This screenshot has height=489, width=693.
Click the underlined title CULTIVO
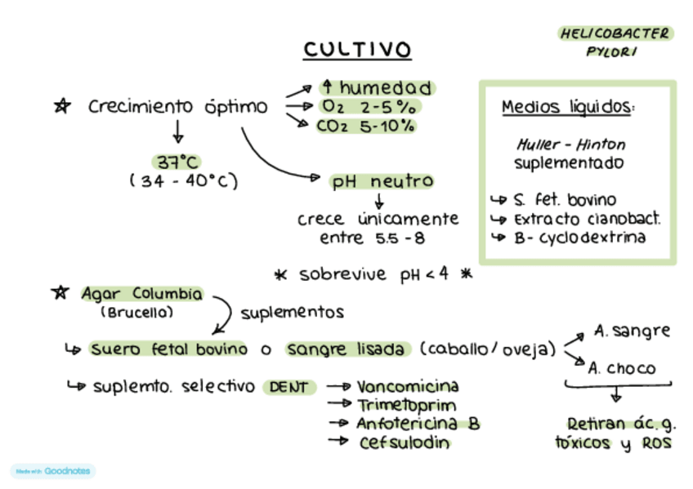357,50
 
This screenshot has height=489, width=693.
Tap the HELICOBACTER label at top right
615,33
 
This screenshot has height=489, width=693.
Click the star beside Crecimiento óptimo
61,106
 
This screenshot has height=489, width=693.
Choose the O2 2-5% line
369,107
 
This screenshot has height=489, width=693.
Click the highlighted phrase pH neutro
382,181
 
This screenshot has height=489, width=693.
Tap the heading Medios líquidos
568,107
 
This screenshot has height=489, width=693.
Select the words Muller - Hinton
571,144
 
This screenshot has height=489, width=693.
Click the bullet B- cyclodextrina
579,238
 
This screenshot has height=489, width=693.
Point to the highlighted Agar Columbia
141,293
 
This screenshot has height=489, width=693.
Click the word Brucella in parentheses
136,312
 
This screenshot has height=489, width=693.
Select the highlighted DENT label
289,387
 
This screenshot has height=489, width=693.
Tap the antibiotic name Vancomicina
408,386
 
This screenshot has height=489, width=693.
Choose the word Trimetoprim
406,405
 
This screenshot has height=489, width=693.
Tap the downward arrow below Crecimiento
177,131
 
